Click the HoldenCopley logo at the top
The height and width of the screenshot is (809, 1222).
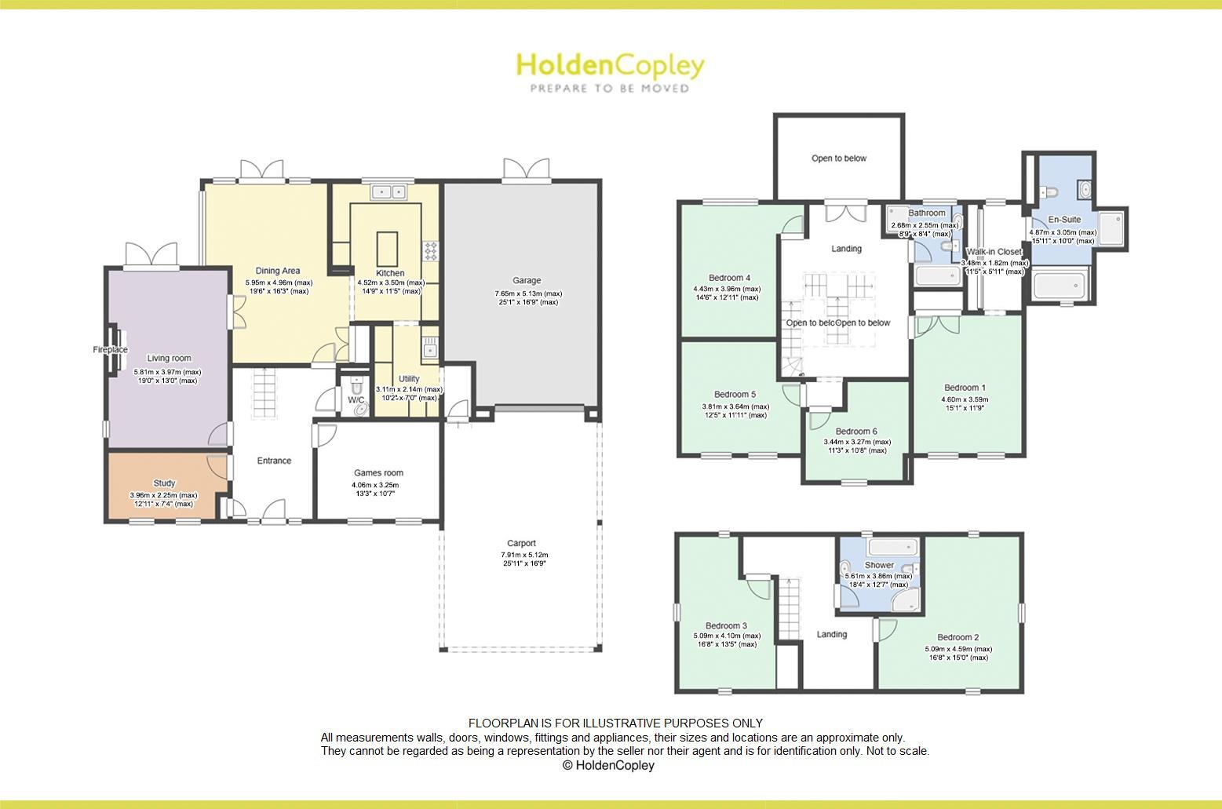pyautogui.click(x=610, y=72)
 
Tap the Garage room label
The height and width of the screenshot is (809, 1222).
pyautogui.click(x=527, y=280)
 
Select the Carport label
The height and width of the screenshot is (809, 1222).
pyautogui.click(x=521, y=543)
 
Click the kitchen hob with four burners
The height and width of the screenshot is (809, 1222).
pyautogui.click(x=431, y=250)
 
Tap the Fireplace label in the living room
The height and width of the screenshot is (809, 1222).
pyautogui.click(x=110, y=350)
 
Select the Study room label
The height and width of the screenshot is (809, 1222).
pyautogui.click(x=164, y=483)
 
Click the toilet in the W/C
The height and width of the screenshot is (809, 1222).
pyautogui.click(x=357, y=386)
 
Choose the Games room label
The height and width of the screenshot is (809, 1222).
pyautogui.click(x=378, y=472)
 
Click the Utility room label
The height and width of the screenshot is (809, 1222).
pyautogui.click(x=409, y=378)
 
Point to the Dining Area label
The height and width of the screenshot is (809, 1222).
pyautogui.click(x=278, y=271)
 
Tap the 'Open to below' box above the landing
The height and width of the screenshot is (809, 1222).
pyautogui.click(x=839, y=158)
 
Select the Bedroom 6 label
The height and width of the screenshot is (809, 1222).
pyautogui.click(x=855, y=431)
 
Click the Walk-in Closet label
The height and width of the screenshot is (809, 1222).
pyautogui.click(x=994, y=252)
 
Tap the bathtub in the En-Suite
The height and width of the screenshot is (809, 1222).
pyautogui.click(x=1060, y=285)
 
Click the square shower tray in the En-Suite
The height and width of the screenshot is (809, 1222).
pyautogui.click(x=1111, y=229)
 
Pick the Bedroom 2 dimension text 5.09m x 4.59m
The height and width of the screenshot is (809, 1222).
pyautogui.click(x=958, y=649)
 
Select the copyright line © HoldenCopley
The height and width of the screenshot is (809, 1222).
pyautogui.click(x=608, y=765)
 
